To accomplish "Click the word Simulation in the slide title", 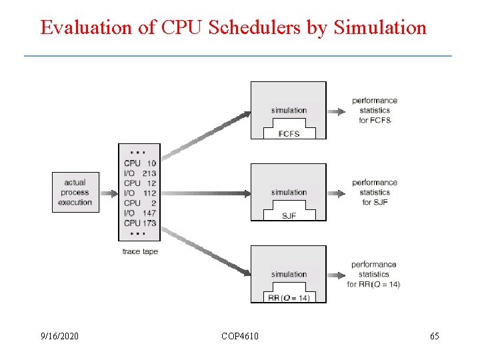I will (x=379, y=27).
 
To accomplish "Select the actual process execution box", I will (x=75, y=192).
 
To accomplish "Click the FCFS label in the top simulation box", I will (x=289, y=133).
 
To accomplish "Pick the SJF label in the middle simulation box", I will (x=289, y=215).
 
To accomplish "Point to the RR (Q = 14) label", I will (x=289, y=297).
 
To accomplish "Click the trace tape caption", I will (x=140, y=251).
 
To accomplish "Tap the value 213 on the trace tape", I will (x=149, y=173).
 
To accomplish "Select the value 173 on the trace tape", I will (x=149, y=223).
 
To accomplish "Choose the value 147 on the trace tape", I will (x=149, y=213).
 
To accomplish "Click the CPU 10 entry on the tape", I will (x=140, y=163).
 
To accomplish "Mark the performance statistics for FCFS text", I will (x=375, y=110).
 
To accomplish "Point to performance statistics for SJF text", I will (x=375, y=192).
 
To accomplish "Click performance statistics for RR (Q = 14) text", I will (x=374, y=274).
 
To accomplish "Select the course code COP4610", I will (x=240, y=336).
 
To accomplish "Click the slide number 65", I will (x=435, y=336).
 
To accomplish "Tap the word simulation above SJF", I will (x=289, y=193).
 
